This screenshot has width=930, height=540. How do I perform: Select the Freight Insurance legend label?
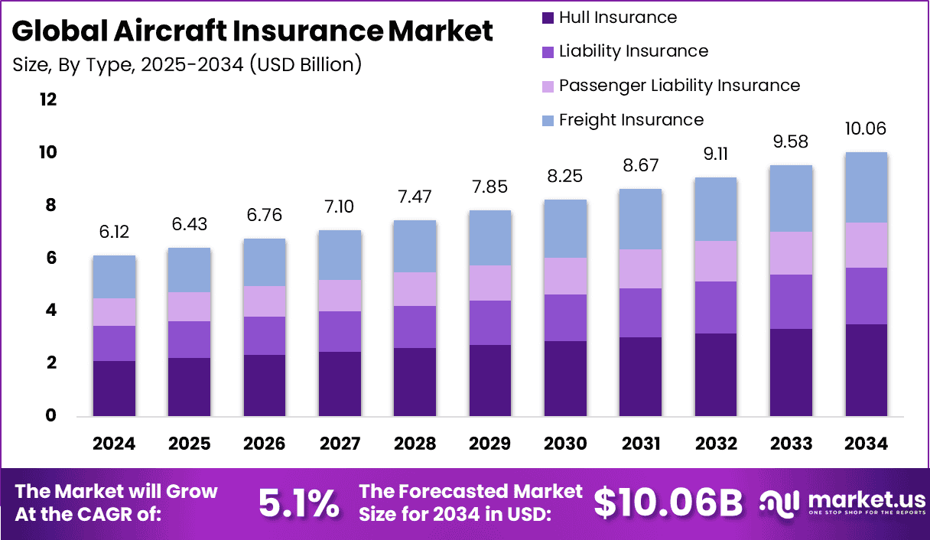(631, 120)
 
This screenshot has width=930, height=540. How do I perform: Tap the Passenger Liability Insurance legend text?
(679, 86)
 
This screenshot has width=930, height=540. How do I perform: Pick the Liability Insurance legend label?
(633, 51)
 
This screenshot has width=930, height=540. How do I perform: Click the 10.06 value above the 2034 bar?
(866, 128)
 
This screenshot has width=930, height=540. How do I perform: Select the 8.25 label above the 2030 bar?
(565, 177)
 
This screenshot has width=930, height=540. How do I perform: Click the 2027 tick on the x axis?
(340, 444)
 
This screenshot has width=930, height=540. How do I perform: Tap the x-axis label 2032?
(716, 444)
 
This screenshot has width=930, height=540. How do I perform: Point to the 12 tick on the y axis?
(48, 100)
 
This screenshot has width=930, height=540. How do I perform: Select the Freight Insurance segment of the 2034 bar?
(866, 187)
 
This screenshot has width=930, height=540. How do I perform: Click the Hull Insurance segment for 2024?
(114, 389)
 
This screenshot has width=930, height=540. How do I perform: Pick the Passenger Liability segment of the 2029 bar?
(490, 283)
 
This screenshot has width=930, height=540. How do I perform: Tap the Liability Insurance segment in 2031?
(641, 313)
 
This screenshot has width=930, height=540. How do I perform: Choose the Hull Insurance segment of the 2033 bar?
(791, 372)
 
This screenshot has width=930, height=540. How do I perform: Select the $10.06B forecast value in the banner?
(668, 503)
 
